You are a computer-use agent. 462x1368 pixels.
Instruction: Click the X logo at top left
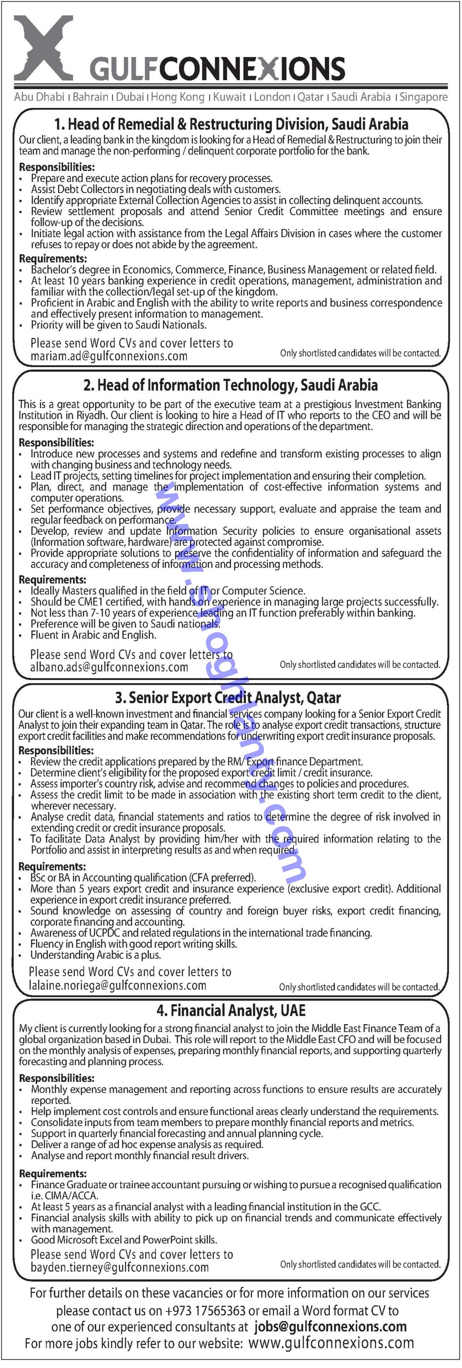43,48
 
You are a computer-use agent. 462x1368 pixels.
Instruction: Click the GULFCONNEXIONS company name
217,69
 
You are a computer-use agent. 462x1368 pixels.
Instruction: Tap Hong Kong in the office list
178,97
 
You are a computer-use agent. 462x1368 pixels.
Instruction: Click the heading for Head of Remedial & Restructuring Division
231,124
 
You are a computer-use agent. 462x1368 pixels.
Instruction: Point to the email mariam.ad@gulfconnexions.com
109,356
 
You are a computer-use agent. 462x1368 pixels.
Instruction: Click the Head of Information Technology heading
238,385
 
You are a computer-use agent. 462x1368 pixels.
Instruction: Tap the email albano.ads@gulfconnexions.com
109,667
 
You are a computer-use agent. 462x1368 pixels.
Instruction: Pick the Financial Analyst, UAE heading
231,1011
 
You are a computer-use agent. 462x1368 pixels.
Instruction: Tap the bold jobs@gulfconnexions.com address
330,1327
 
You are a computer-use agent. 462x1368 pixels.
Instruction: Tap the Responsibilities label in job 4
57,1078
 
